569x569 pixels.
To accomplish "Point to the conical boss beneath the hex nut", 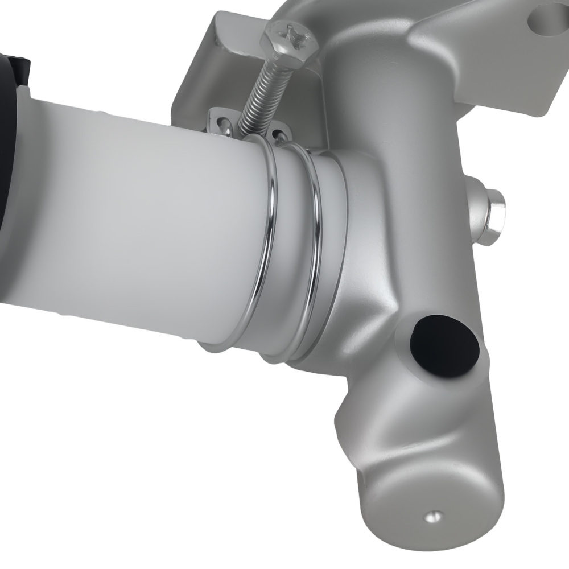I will (475, 211).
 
